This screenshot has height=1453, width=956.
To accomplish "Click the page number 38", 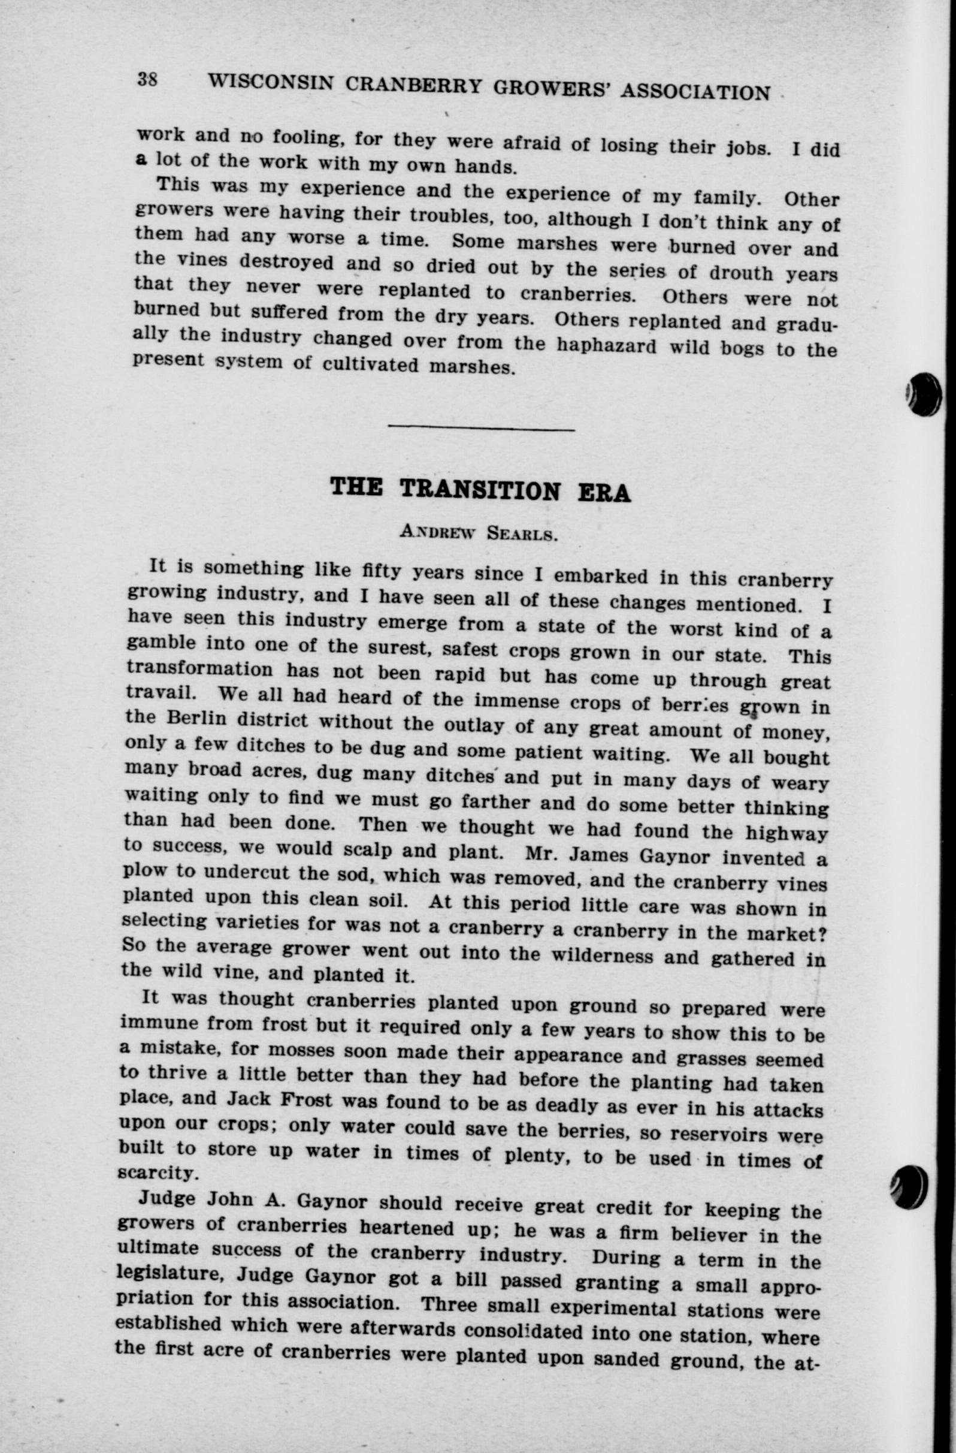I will (147, 79).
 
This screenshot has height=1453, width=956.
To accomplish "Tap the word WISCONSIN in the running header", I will (270, 82).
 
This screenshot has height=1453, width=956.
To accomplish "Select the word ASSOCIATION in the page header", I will (695, 92).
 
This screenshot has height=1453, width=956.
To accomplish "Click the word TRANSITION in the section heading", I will (480, 490).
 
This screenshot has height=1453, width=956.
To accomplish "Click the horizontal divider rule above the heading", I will (481, 429).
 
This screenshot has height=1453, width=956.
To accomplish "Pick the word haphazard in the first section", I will (606, 345).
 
